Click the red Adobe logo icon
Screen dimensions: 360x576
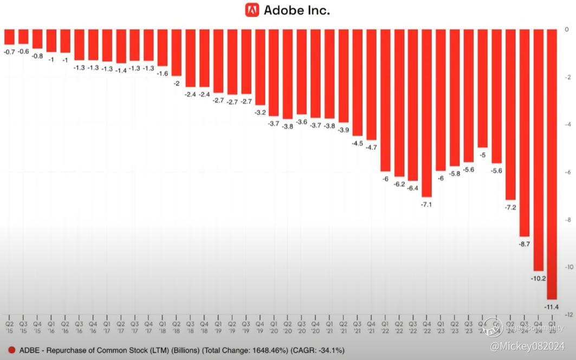point(252,10)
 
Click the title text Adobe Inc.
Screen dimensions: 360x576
point(296,10)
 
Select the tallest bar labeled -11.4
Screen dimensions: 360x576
point(552,163)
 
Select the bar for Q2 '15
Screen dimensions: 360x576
point(9,36)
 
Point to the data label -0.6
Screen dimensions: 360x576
point(23,52)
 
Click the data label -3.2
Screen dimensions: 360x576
point(260,113)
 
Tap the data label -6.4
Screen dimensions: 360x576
point(413,188)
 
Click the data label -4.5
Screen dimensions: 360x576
point(358,144)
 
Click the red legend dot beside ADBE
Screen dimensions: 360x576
point(11,350)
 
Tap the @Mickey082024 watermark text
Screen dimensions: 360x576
point(527,345)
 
